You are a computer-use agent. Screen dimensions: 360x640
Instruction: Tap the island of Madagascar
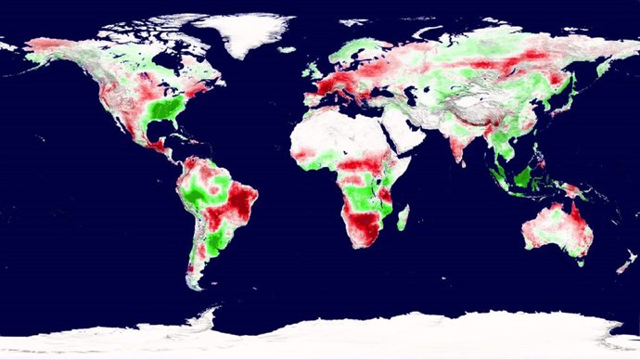403,217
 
